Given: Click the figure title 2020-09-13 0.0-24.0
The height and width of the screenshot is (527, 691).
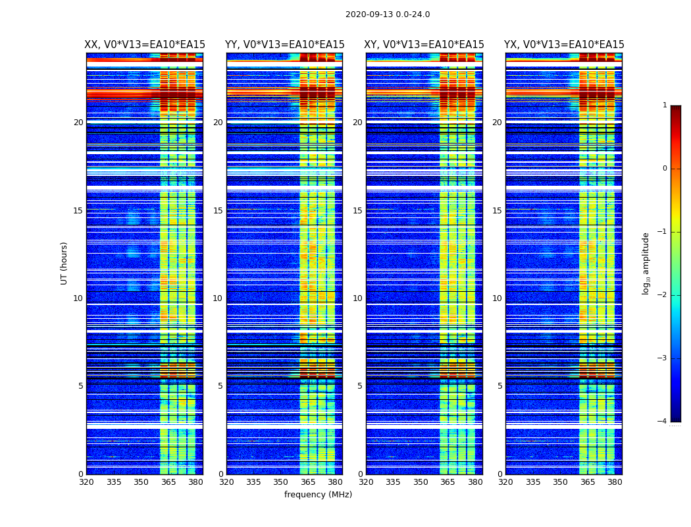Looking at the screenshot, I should click(x=388, y=14).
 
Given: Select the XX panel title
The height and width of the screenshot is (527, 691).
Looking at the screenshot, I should click(x=145, y=45).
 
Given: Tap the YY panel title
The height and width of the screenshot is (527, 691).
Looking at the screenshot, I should click(x=284, y=45).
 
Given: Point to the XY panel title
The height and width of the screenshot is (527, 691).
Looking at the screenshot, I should click(x=424, y=45).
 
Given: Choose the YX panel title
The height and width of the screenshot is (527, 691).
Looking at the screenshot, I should click(x=564, y=45).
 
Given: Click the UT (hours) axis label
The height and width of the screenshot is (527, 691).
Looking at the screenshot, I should click(x=64, y=263).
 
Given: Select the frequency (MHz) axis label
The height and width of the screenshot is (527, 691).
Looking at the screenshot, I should click(x=318, y=495).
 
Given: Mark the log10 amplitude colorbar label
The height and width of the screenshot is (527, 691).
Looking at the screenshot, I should click(x=646, y=263).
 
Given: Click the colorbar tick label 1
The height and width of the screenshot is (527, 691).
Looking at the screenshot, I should click(x=665, y=105).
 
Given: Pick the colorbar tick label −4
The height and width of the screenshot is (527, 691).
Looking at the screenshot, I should click(x=663, y=422).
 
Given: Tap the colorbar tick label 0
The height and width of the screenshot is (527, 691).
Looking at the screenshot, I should click(x=665, y=169).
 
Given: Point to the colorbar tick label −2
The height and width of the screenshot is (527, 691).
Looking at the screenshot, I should click(x=663, y=295).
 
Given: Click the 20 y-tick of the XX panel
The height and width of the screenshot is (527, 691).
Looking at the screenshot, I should click(x=78, y=123).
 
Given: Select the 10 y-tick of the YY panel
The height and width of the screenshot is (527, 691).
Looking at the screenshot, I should click(x=218, y=298).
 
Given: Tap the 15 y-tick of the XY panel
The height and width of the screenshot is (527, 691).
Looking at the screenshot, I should click(x=357, y=211).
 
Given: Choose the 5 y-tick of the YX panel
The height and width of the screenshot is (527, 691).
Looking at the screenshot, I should click(x=499, y=386).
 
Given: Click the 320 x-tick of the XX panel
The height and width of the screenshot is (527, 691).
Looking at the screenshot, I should click(x=86, y=482).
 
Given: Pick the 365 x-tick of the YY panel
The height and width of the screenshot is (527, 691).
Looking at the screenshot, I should click(x=308, y=482).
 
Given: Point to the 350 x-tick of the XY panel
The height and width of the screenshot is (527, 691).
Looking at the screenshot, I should click(x=421, y=482).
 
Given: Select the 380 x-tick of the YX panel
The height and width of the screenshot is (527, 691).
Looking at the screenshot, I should click(x=615, y=482).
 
